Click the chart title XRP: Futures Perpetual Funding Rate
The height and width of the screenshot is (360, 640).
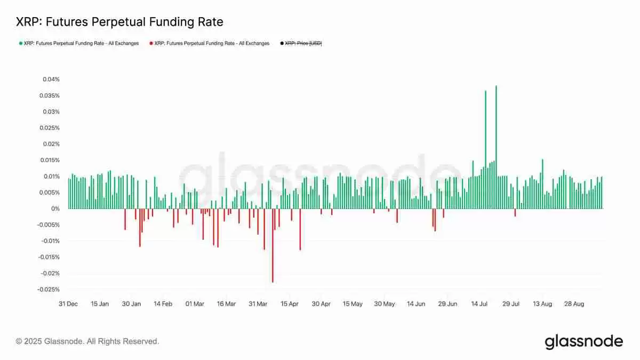click(119, 22)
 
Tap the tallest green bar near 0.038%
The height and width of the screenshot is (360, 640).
click(496, 147)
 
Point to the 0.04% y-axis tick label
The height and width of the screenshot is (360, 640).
click(51, 79)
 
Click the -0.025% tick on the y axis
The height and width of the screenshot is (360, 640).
click(49, 290)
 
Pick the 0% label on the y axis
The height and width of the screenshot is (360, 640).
click(55, 209)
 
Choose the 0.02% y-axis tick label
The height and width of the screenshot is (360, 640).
click(51, 144)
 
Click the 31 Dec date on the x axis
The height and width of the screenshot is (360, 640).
click(68, 304)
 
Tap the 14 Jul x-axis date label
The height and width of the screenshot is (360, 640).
click(479, 304)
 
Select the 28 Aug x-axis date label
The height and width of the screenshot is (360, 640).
click(574, 304)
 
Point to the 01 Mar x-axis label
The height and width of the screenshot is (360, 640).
click(195, 304)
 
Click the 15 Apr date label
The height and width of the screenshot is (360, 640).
click(289, 304)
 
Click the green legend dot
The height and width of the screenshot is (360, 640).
click(20, 43)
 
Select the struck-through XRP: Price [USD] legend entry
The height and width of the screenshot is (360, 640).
click(303, 43)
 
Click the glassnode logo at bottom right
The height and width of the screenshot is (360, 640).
click(583, 341)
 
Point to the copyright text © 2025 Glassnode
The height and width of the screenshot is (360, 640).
click(87, 341)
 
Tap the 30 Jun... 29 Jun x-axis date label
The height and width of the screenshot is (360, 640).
click(447, 304)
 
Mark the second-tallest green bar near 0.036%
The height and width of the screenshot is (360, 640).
click(485, 149)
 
